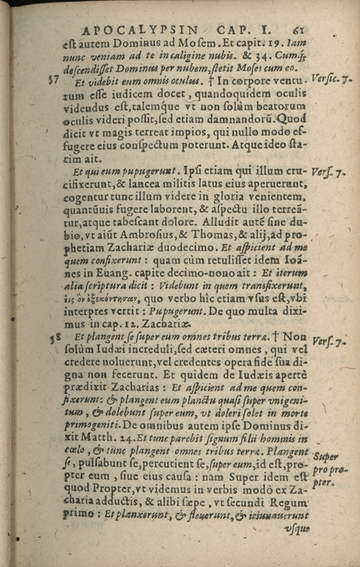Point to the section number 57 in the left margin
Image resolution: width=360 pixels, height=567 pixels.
coord(53,80)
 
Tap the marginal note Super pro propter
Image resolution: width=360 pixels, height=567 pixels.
coord(329,468)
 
